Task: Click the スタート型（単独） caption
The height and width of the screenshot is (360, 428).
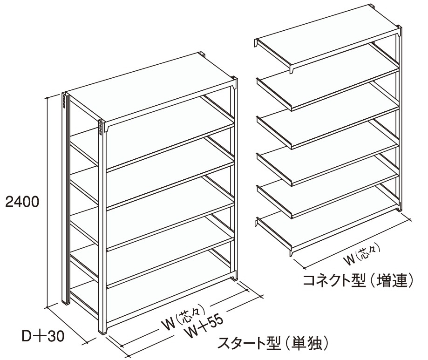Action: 273,343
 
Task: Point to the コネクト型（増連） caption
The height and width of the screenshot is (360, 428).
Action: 358,281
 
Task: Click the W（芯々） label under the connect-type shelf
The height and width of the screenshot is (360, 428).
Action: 362,258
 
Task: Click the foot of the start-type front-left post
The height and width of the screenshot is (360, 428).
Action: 102,331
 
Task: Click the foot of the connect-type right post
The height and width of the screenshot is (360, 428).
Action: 399,209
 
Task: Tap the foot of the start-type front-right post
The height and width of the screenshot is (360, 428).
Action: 234,277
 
